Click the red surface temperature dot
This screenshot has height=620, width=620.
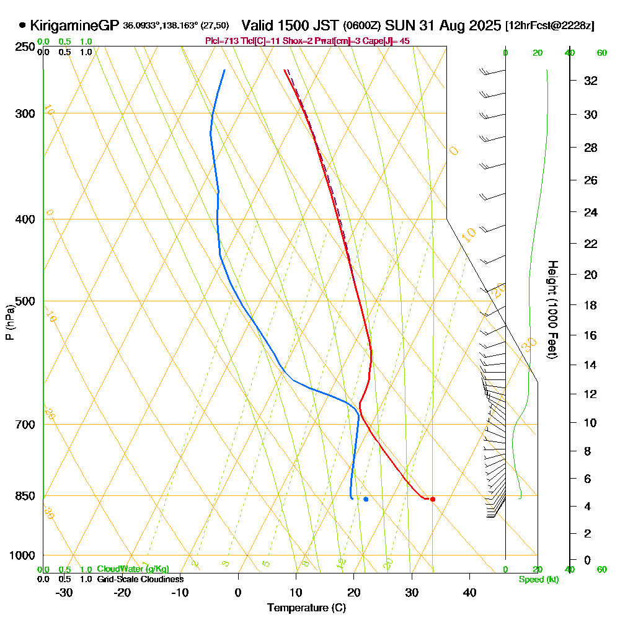[433, 499]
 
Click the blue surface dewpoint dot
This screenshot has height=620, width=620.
[366, 499]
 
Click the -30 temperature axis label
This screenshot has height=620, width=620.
[64, 592]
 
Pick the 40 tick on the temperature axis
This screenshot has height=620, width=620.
[469, 592]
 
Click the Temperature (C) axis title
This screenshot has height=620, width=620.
[306, 608]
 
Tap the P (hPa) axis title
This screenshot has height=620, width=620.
[10, 322]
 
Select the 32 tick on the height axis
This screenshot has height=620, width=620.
[590, 81]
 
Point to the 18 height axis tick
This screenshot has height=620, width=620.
[590, 305]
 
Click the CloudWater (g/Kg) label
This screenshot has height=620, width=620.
[133, 569]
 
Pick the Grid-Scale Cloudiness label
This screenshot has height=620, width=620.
[140, 579]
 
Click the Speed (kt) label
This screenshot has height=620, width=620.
[538, 579]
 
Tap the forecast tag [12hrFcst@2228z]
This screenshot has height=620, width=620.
[550, 26]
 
